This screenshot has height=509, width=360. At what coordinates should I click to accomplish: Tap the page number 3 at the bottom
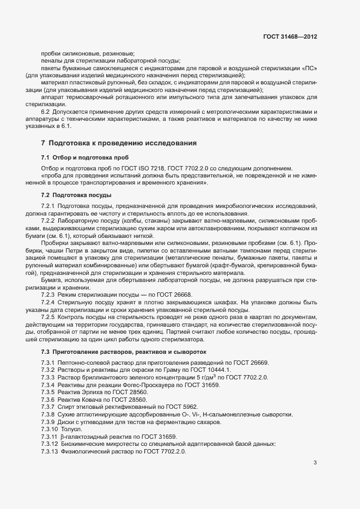(x=315, y=463)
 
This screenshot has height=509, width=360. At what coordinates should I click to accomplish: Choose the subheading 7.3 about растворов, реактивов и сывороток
(x=123, y=352)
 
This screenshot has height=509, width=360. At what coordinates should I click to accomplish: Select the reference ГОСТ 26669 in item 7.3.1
(x=252, y=363)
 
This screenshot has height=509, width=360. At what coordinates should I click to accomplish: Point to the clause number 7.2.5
(x=48, y=316)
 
